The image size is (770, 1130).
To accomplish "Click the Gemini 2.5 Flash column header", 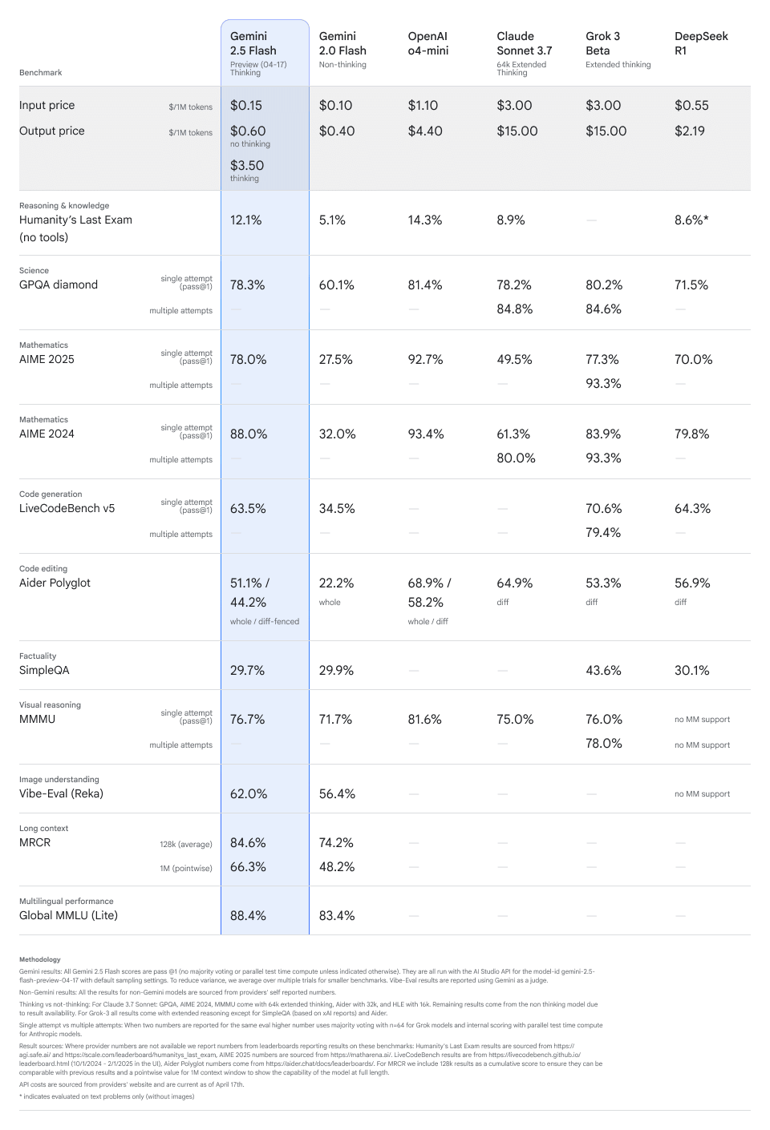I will pos(253,43).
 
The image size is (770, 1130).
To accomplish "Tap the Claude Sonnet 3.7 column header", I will pos(524,43).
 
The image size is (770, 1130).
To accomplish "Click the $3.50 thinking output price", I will pos(247,166).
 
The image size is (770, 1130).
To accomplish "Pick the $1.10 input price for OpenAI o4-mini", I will pos(423,106).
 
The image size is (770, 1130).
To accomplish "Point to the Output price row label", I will pos(52,131).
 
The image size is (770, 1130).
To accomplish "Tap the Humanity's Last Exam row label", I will pos(75,220).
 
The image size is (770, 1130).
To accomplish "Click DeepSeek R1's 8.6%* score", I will pos(691,220).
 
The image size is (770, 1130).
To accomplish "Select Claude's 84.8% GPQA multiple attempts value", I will pos(514,309).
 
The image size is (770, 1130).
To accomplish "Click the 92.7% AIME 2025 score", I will pos(425,360).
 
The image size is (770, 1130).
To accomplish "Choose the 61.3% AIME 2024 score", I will pos(513,434).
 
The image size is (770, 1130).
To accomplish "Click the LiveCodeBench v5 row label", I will pos(67,509).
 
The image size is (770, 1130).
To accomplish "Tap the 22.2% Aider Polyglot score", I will pos(337,583).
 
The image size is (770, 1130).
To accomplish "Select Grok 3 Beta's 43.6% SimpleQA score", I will pos(603,671).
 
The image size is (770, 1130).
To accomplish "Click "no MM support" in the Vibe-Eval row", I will pos(702,794).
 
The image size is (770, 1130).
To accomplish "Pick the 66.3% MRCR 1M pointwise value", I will pos(248,867).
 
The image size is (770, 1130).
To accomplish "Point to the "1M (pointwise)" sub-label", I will pos(185,868).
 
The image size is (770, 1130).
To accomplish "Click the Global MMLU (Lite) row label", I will pos(68,916).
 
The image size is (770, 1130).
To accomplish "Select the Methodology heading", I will pos(39,959).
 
